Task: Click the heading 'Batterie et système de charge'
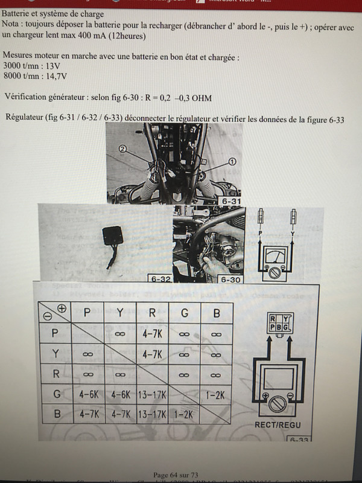point(52,13)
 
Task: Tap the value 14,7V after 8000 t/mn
point(56,75)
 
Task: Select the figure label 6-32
point(159,279)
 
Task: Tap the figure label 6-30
point(231,279)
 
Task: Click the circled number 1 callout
point(231,161)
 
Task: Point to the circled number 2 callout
point(122,149)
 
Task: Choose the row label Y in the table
point(56,354)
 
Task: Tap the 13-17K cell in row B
point(153,415)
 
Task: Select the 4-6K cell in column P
point(87,395)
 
